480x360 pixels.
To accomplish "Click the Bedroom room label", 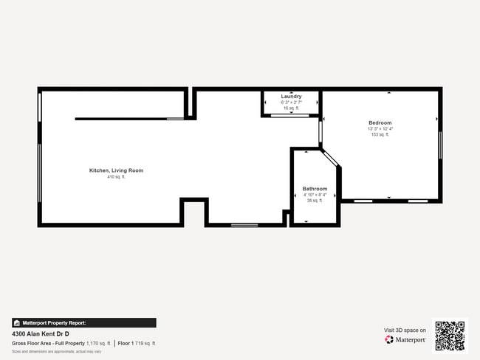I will (380, 122).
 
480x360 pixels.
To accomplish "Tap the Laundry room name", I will (291, 97).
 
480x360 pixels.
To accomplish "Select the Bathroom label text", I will (315, 189).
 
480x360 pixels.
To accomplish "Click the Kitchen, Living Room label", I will (116, 170).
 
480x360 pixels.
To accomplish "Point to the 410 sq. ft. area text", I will (116, 177).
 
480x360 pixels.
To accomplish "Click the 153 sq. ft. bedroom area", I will (380, 135).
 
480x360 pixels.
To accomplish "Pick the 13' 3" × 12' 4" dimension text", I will (380, 129).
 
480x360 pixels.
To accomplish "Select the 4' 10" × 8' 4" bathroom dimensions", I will (315, 195).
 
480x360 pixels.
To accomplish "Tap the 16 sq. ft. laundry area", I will (291, 108).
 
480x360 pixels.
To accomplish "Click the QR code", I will (450, 336).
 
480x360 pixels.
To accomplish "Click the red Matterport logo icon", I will (388, 340).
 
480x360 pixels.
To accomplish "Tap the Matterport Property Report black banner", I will (83, 322).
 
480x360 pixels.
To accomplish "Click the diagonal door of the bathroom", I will (330, 159).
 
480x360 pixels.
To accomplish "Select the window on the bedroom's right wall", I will (440, 144).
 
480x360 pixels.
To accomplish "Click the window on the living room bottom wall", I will (244, 224).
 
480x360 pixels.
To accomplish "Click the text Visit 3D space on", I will (405, 330).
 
